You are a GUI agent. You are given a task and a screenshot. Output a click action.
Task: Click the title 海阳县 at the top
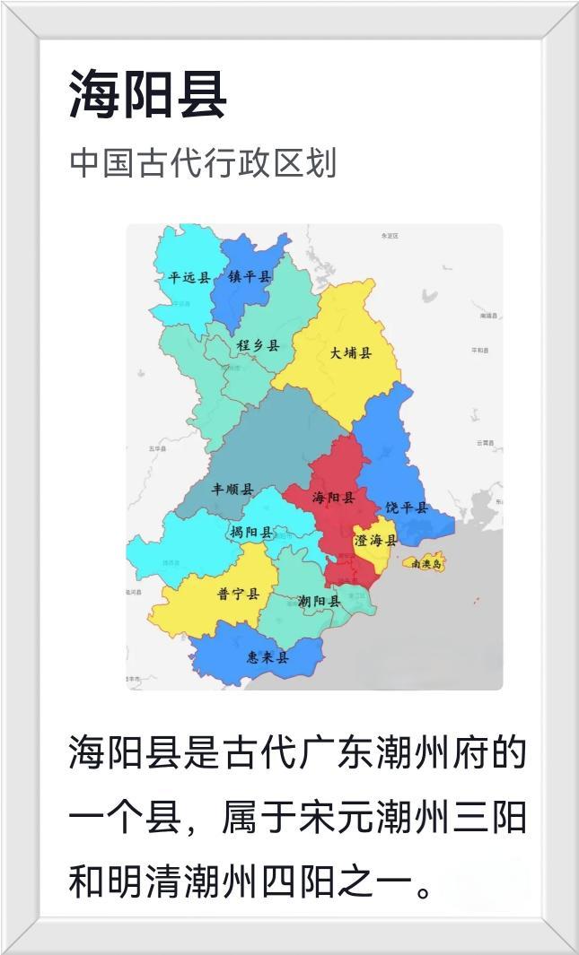147,95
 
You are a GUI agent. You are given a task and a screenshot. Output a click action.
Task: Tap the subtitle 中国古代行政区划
203,163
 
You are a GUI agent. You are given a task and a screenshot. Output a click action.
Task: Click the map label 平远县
189,277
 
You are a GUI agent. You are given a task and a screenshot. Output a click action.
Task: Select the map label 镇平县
249,277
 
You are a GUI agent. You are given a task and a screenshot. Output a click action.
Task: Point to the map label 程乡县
258,345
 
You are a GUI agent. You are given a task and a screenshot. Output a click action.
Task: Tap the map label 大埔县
350,352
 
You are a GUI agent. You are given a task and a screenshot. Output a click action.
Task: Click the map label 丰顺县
232,490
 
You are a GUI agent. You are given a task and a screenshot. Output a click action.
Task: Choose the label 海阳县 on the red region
333,498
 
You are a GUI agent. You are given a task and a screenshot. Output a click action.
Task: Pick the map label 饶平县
407,508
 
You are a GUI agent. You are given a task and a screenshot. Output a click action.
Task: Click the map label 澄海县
375,540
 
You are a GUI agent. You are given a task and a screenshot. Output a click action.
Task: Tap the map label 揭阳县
250,532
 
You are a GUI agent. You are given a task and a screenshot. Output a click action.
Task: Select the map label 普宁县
238,594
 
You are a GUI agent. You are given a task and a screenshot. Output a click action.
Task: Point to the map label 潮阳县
319,601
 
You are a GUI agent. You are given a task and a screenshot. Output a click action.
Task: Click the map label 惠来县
268,657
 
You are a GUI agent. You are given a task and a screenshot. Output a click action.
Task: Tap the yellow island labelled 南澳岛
423,563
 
